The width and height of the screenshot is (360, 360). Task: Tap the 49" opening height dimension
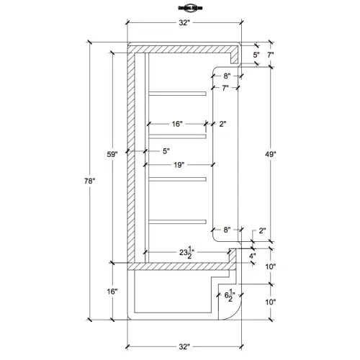[270, 153]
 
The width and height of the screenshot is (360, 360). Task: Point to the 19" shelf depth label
[179, 165]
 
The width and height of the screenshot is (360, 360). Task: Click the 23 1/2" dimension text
[189, 252]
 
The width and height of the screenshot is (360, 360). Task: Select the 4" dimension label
[252, 256]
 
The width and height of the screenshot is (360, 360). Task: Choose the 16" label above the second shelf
[177, 124]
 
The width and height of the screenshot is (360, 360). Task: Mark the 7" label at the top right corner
[270, 55]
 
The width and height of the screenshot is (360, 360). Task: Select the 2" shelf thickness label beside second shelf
[223, 124]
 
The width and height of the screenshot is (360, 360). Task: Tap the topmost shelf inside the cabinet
[176, 93]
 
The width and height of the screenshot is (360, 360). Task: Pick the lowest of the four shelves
[176, 220]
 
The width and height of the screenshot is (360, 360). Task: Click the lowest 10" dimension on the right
[270, 302]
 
